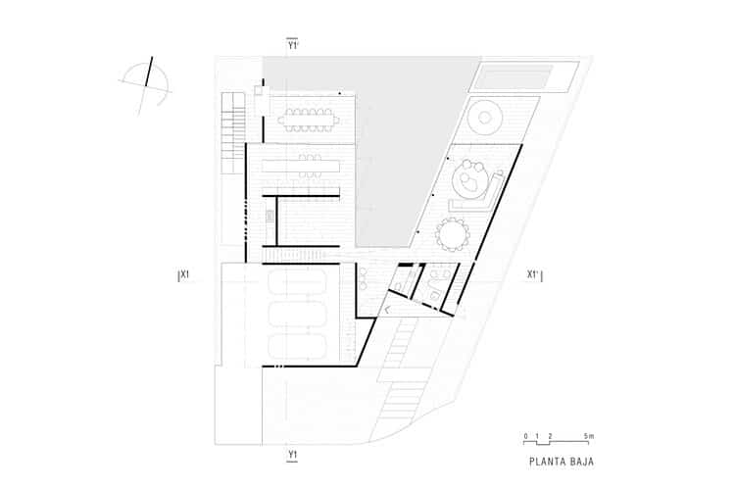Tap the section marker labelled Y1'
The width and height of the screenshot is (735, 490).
(x=292, y=44)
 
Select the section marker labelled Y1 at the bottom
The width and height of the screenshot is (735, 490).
(x=292, y=454)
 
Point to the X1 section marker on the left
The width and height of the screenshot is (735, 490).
(x=183, y=275)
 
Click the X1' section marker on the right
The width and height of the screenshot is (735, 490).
(x=534, y=275)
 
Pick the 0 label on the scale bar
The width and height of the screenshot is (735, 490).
(x=525, y=435)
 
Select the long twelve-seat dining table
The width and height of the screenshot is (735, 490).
(x=308, y=122)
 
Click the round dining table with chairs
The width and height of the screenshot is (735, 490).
(x=454, y=234)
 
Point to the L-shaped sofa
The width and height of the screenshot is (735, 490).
(x=471, y=204)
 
